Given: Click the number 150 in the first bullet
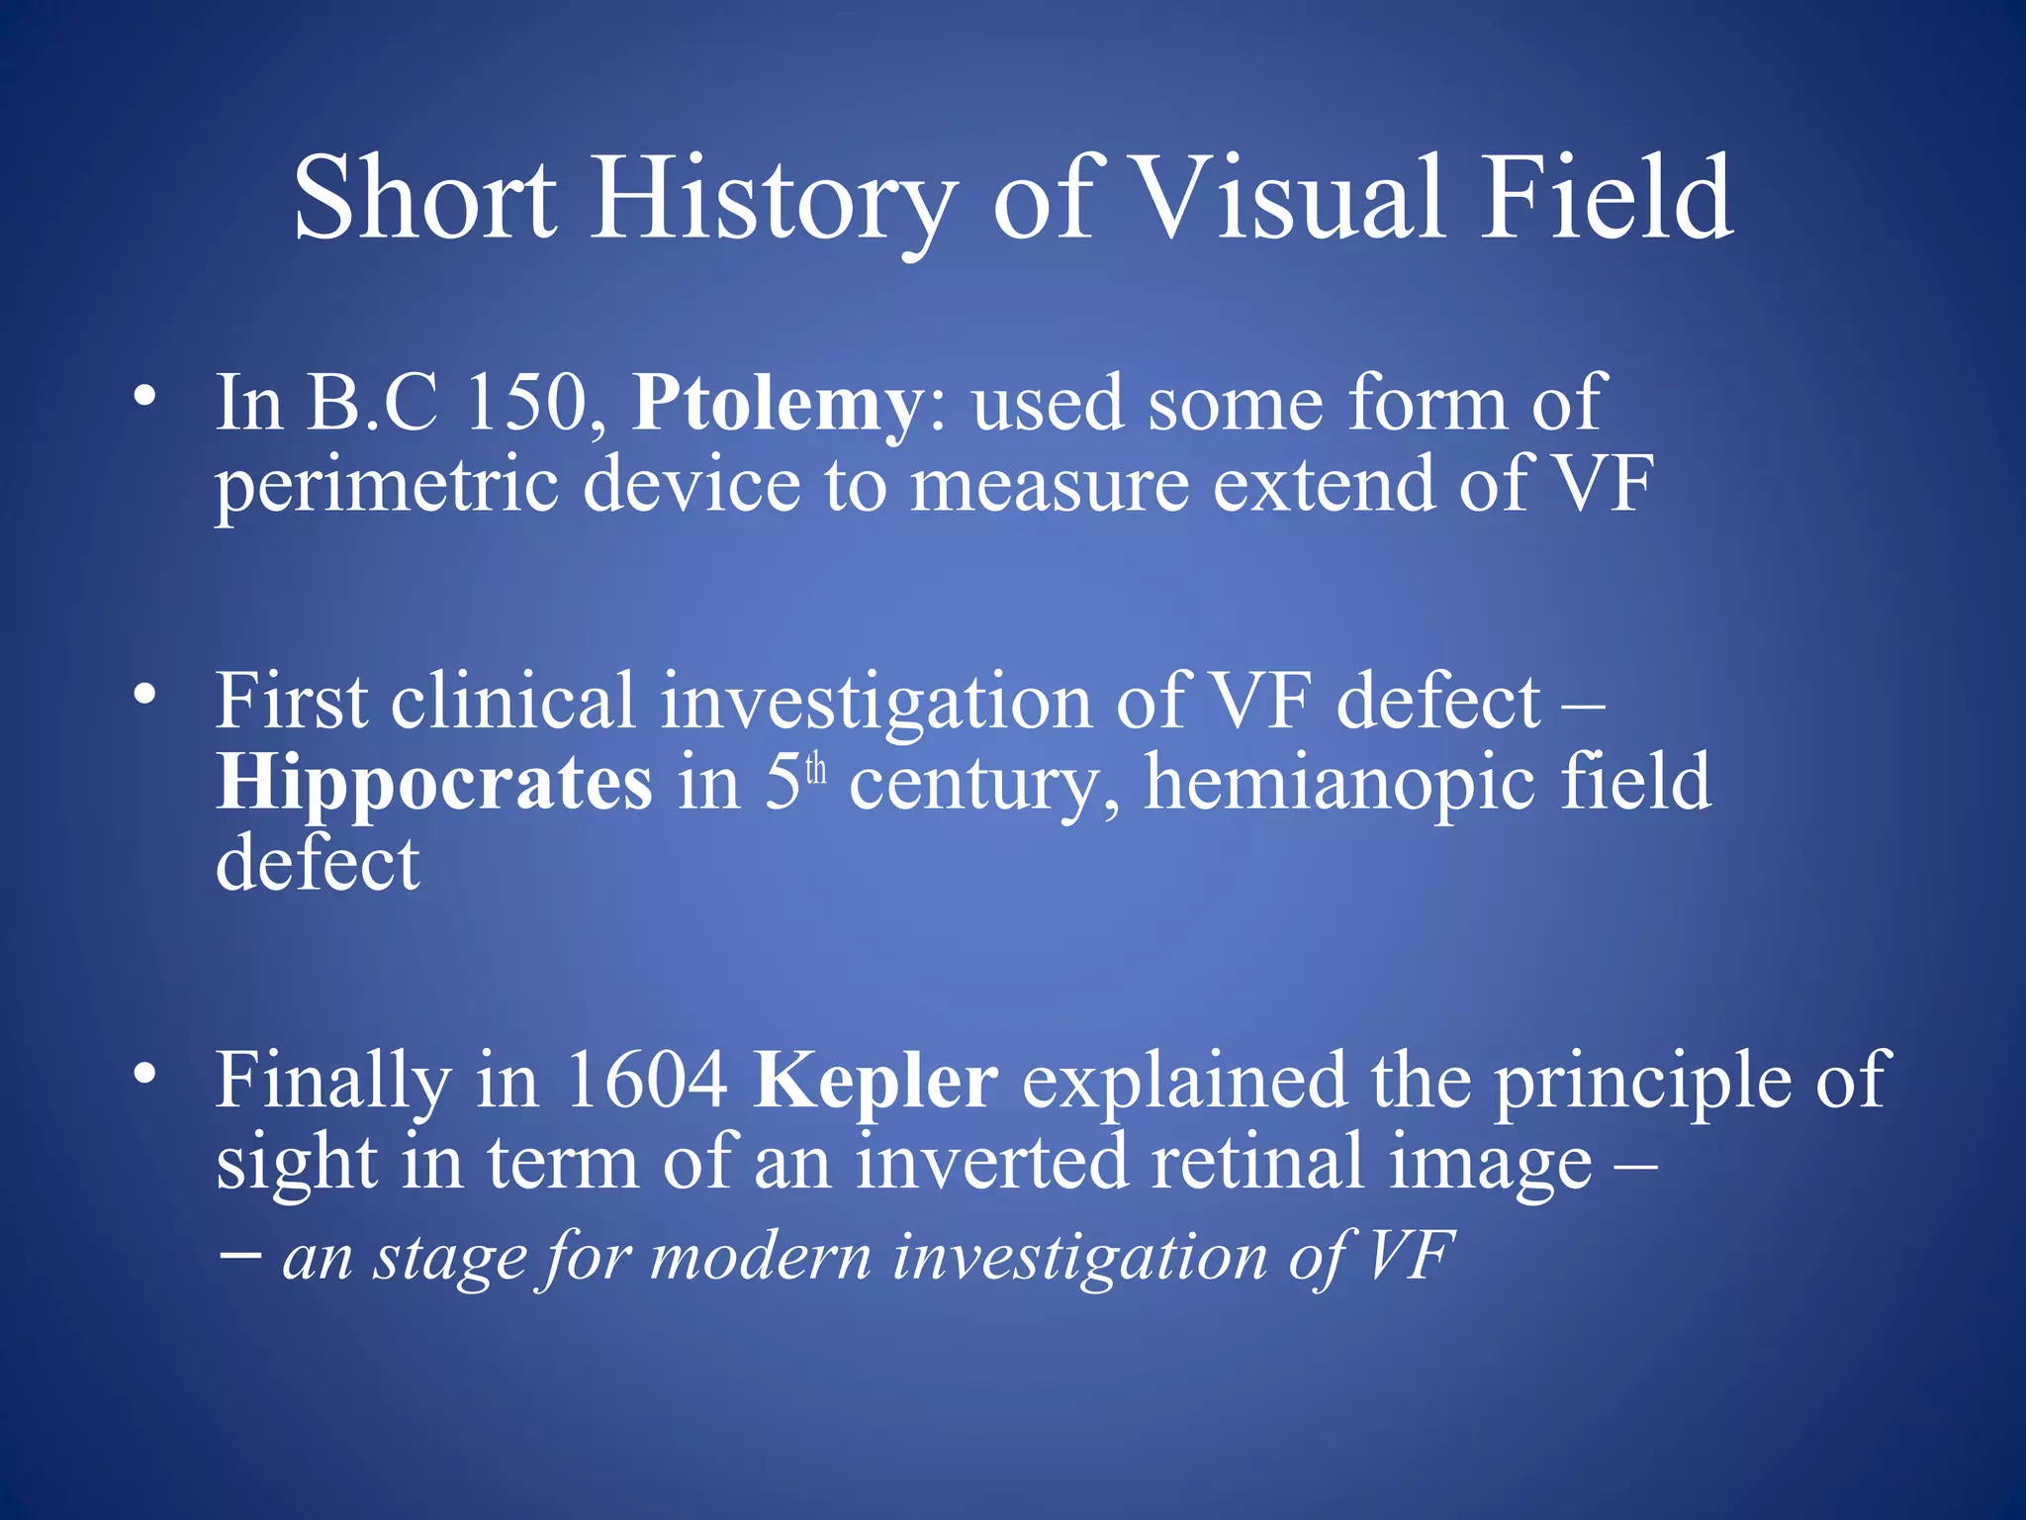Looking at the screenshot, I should coord(525,404).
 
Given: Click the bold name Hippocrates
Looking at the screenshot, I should coord(434,783).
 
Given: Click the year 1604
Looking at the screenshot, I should coord(647,1081).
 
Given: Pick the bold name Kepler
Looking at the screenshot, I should coord(875,1081).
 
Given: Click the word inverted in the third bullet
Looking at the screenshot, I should coord(991,1162).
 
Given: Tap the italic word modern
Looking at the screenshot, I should coord(761,1258).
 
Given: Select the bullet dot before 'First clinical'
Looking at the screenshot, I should coord(145,696).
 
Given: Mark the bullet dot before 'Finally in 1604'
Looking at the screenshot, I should coord(145,1075).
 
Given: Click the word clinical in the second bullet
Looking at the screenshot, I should coord(512,702).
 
